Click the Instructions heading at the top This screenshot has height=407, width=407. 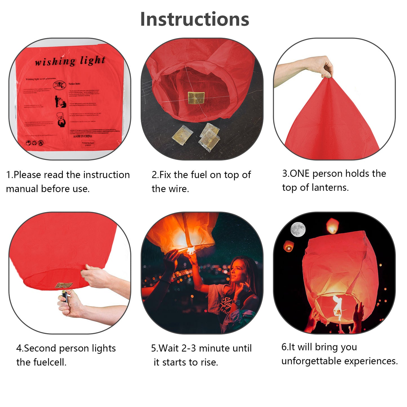coord(194,19)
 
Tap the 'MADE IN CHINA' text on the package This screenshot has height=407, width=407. coord(83,136)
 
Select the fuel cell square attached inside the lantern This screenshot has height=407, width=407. coord(196,97)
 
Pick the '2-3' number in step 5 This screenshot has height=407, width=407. coord(188,348)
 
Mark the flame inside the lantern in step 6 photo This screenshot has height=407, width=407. coord(337,306)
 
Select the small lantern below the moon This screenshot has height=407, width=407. coord(288,246)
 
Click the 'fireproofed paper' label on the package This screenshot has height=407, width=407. coord(88,144)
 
